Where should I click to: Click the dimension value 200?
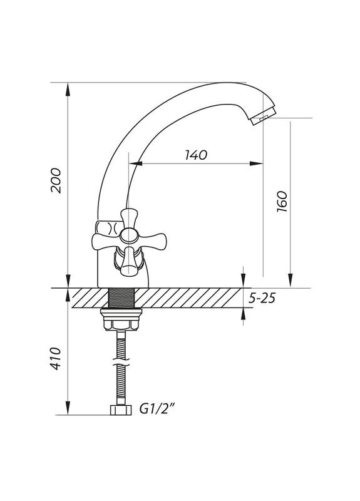[x=56, y=181]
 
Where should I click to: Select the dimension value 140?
[x=196, y=155]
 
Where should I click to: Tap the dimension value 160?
[x=281, y=202]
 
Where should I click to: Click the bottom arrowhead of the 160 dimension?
[x=290, y=282]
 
